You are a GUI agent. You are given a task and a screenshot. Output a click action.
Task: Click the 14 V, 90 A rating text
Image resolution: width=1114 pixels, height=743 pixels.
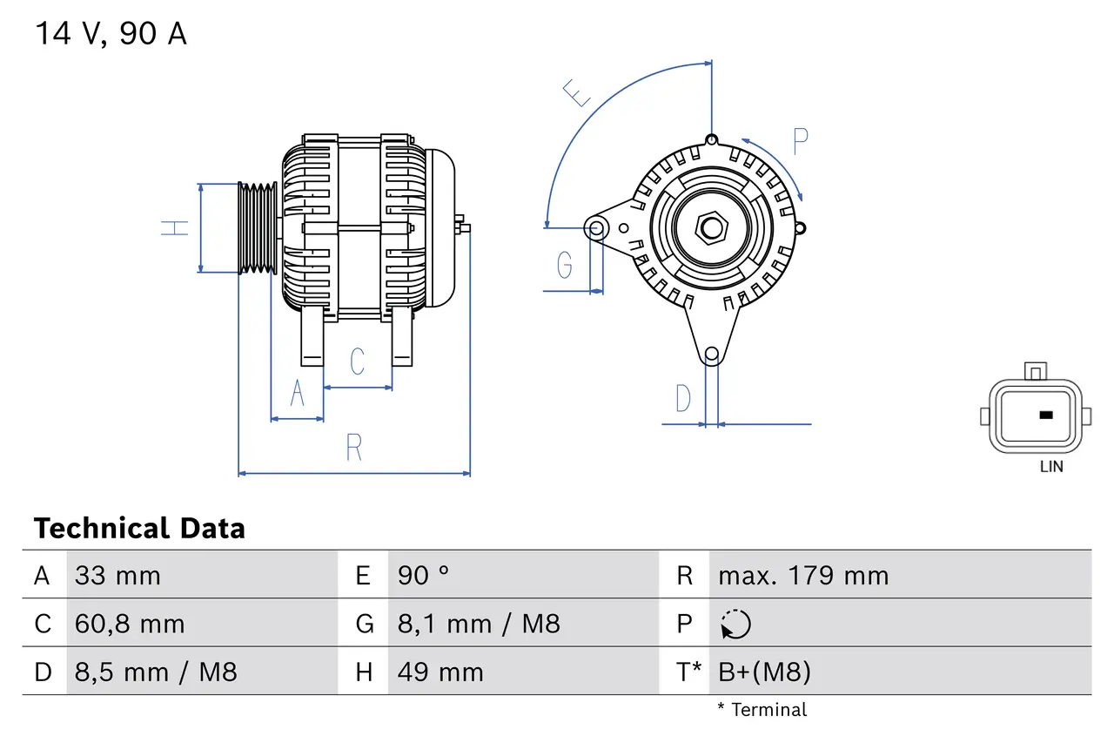pyautogui.click(x=111, y=34)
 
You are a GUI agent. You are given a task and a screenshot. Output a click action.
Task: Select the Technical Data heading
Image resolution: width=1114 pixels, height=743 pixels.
pyautogui.click(x=139, y=528)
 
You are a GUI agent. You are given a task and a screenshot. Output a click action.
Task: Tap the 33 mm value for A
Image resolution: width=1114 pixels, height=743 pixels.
pyautogui.click(x=117, y=576)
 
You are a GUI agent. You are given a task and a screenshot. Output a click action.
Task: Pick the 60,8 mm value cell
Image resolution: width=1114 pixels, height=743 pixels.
pyautogui.click(x=130, y=624)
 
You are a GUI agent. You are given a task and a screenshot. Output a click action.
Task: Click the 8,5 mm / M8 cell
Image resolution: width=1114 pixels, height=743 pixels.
pyautogui.click(x=156, y=672)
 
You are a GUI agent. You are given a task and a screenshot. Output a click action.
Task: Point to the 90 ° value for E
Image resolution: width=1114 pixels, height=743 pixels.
pyautogui.click(x=424, y=576)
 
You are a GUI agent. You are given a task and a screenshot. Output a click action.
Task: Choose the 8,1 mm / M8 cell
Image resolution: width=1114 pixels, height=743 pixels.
pyautogui.click(x=479, y=624)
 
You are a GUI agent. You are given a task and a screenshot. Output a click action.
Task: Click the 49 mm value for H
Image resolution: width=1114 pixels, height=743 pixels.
pyautogui.click(x=440, y=672)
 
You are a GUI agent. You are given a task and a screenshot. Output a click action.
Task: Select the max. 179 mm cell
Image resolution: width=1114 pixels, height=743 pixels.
pyautogui.click(x=803, y=576)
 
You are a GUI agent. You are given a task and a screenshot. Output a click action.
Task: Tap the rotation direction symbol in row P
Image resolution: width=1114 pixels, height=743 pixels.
pyautogui.click(x=735, y=624)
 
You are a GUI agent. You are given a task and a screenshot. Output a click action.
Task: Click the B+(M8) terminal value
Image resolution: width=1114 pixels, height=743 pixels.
pyautogui.click(x=764, y=672)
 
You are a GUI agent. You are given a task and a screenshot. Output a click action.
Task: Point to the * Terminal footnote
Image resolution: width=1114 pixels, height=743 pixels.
pyautogui.click(x=762, y=710)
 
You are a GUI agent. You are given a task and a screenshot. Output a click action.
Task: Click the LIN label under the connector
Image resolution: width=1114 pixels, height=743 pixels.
pyautogui.click(x=1051, y=466)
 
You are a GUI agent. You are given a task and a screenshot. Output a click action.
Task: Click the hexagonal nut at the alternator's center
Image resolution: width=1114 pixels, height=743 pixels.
pyautogui.click(x=712, y=228)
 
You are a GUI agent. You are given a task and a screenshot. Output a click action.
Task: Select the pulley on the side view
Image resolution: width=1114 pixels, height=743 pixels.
pyautogui.click(x=258, y=228)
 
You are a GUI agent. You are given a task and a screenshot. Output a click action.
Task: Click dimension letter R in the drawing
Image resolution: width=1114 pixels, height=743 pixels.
pyautogui.click(x=353, y=448)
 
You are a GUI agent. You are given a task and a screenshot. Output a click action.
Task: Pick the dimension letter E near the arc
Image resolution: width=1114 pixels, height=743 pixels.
pyautogui.click(x=575, y=91)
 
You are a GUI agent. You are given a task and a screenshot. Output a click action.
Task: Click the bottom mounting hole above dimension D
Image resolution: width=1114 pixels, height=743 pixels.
pyautogui.click(x=712, y=354)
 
